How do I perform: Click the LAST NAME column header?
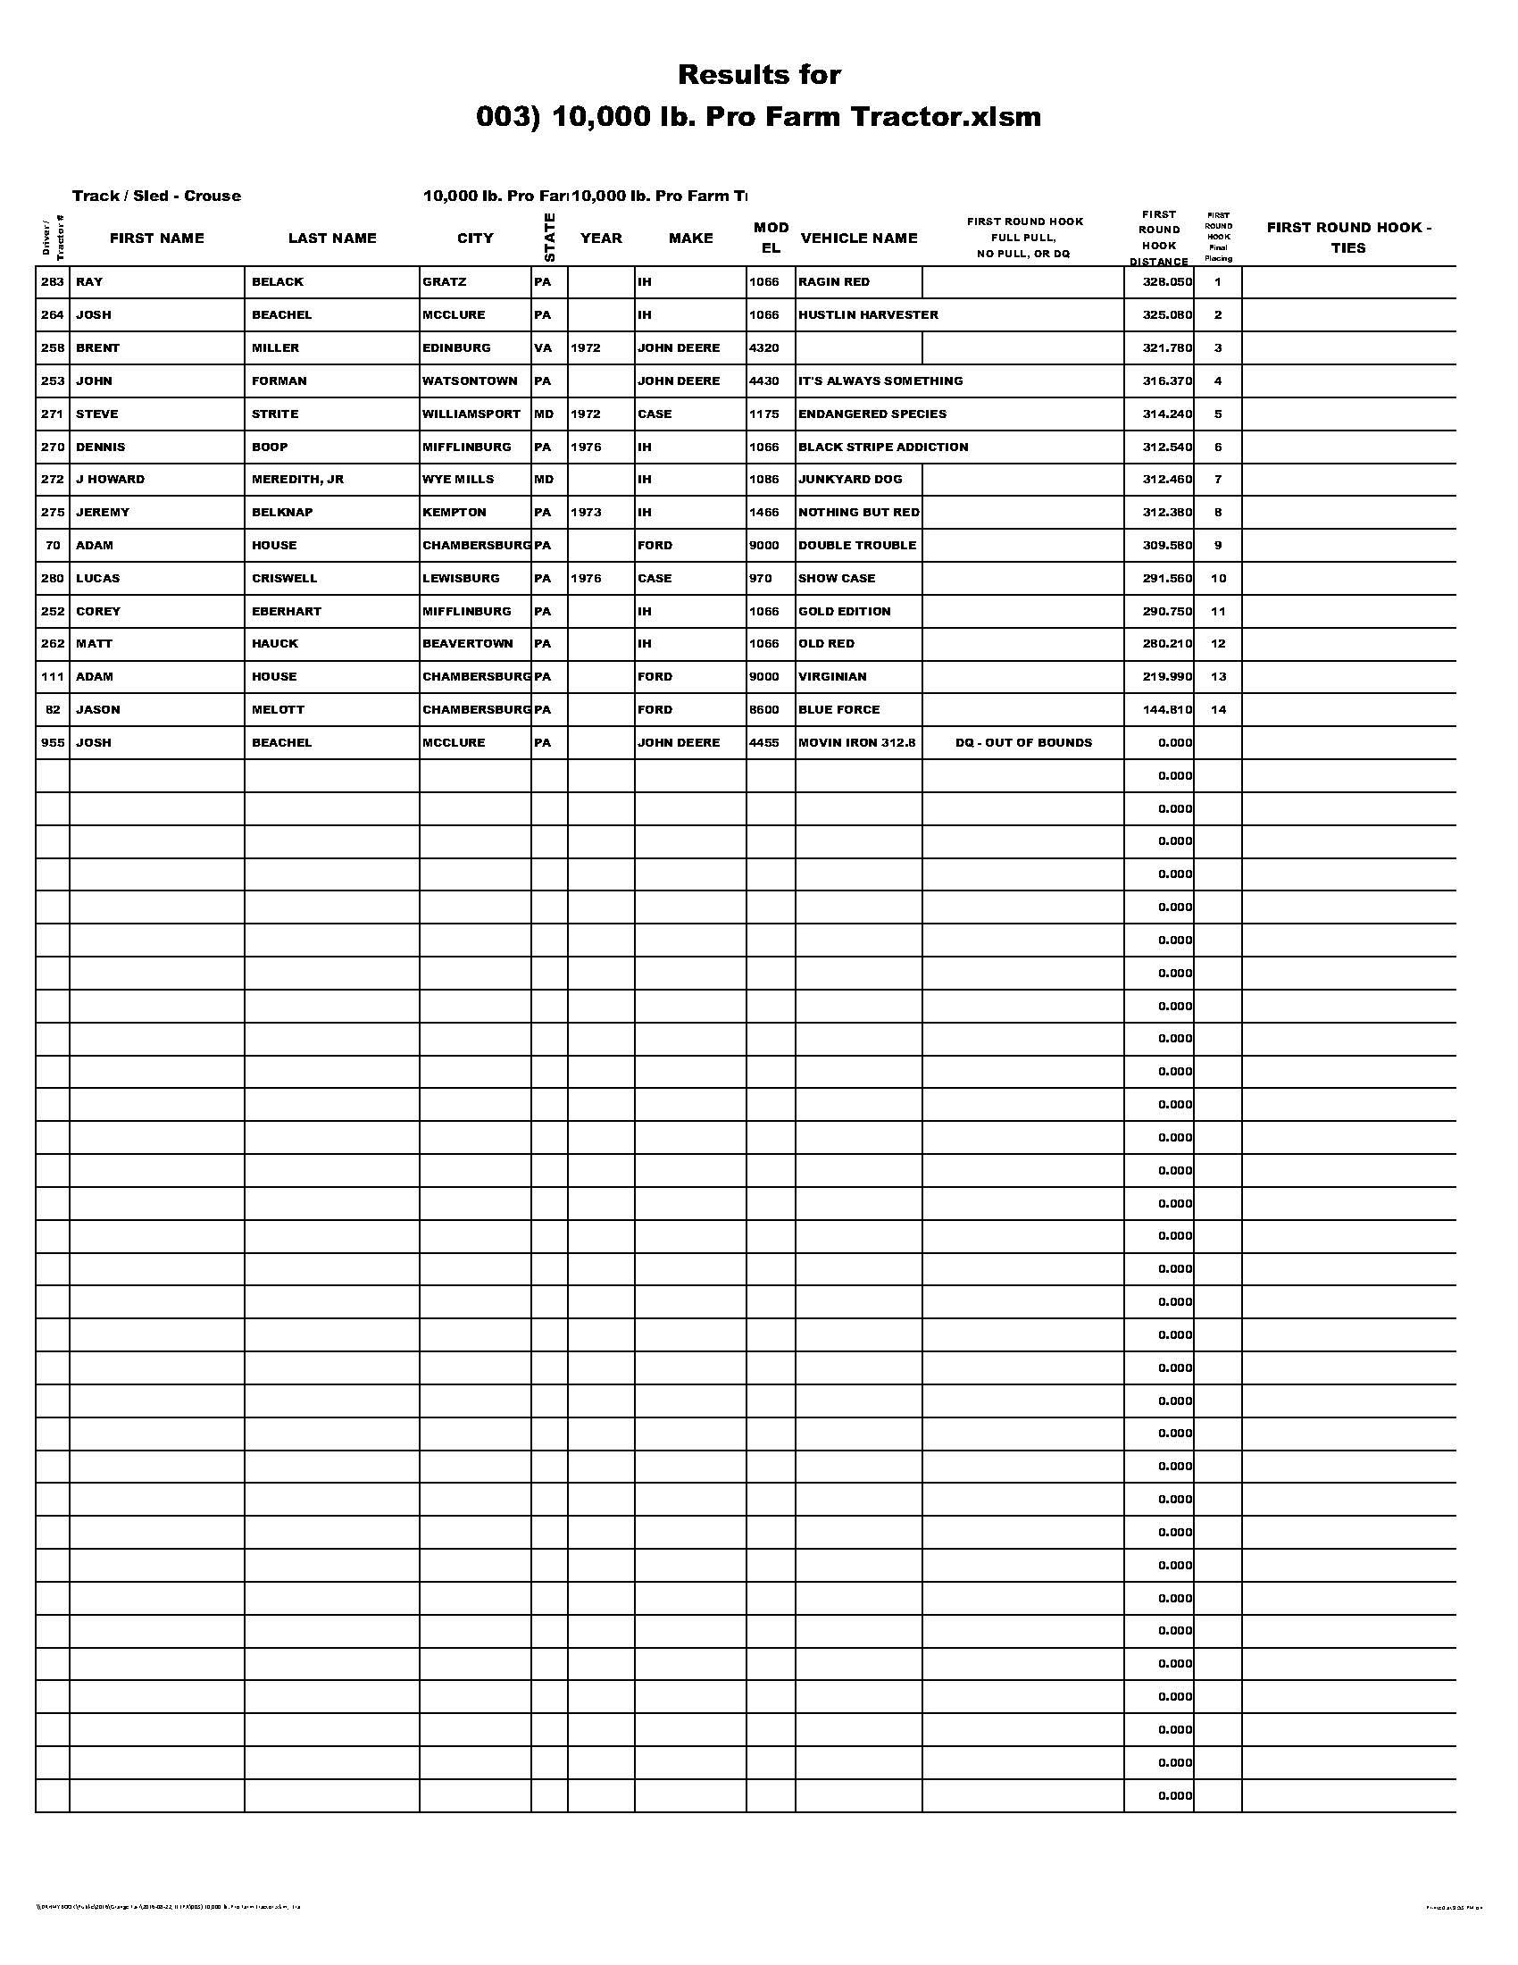tap(332, 238)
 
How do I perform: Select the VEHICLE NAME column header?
tap(859, 238)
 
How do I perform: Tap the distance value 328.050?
tap(1167, 282)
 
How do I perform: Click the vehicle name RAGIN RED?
tap(834, 282)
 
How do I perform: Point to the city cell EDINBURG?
tap(457, 348)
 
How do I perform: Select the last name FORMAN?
tap(279, 381)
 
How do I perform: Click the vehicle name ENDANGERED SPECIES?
tap(872, 414)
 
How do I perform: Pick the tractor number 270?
tap(53, 447)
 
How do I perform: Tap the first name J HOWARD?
tap(110, 480)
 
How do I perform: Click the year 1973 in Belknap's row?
tap(586, 513)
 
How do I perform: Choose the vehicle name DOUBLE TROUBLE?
tap(857, 545)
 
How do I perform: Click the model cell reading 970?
tap(760, 579)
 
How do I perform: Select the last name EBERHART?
tap(287, 612)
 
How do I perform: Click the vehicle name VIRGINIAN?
tap(833, 677)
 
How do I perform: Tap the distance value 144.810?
tap(1167, 710)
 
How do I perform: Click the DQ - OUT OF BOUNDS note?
tap(1023, 743)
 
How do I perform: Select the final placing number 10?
tap(1218, 579)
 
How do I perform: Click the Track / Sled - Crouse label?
tap(156, 196)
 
